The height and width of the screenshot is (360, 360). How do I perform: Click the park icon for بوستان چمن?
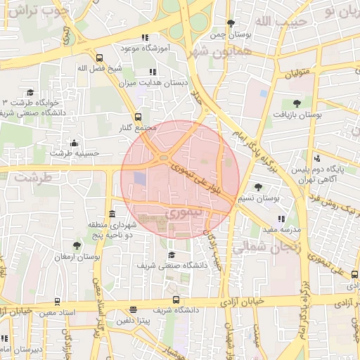pyautogui.click(x=231, y=23)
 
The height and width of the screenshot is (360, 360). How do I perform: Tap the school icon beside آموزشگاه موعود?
pyautogui.click(x=145, y=37)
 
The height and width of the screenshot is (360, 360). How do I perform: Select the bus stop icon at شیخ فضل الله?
pyautogui.click(x=99, y=58)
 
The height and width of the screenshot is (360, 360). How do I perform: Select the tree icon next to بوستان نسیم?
pyautogui.click(x=259, y=187)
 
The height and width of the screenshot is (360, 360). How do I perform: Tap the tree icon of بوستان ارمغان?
pyautogui.click(x=76, y=245)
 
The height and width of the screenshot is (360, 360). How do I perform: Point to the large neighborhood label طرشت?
pyautogui.click(x=34, y=178)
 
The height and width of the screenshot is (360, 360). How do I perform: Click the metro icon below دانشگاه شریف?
pyautogui.click(x=134, y=309)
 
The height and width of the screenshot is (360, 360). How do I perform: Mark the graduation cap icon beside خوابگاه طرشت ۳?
pyautogui.click(x=30, y=92)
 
